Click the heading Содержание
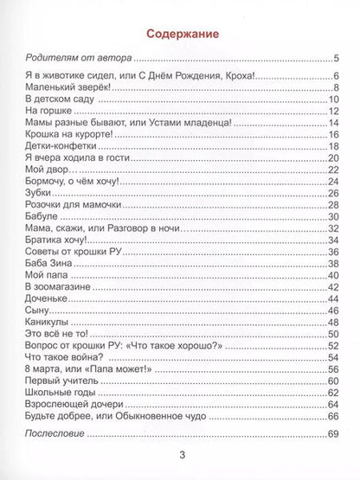tap(180, 34)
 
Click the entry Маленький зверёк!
tap(61, 89)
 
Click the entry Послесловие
tap(55, 432)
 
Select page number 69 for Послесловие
tap(331, 432)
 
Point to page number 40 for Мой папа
tap(331, 275)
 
